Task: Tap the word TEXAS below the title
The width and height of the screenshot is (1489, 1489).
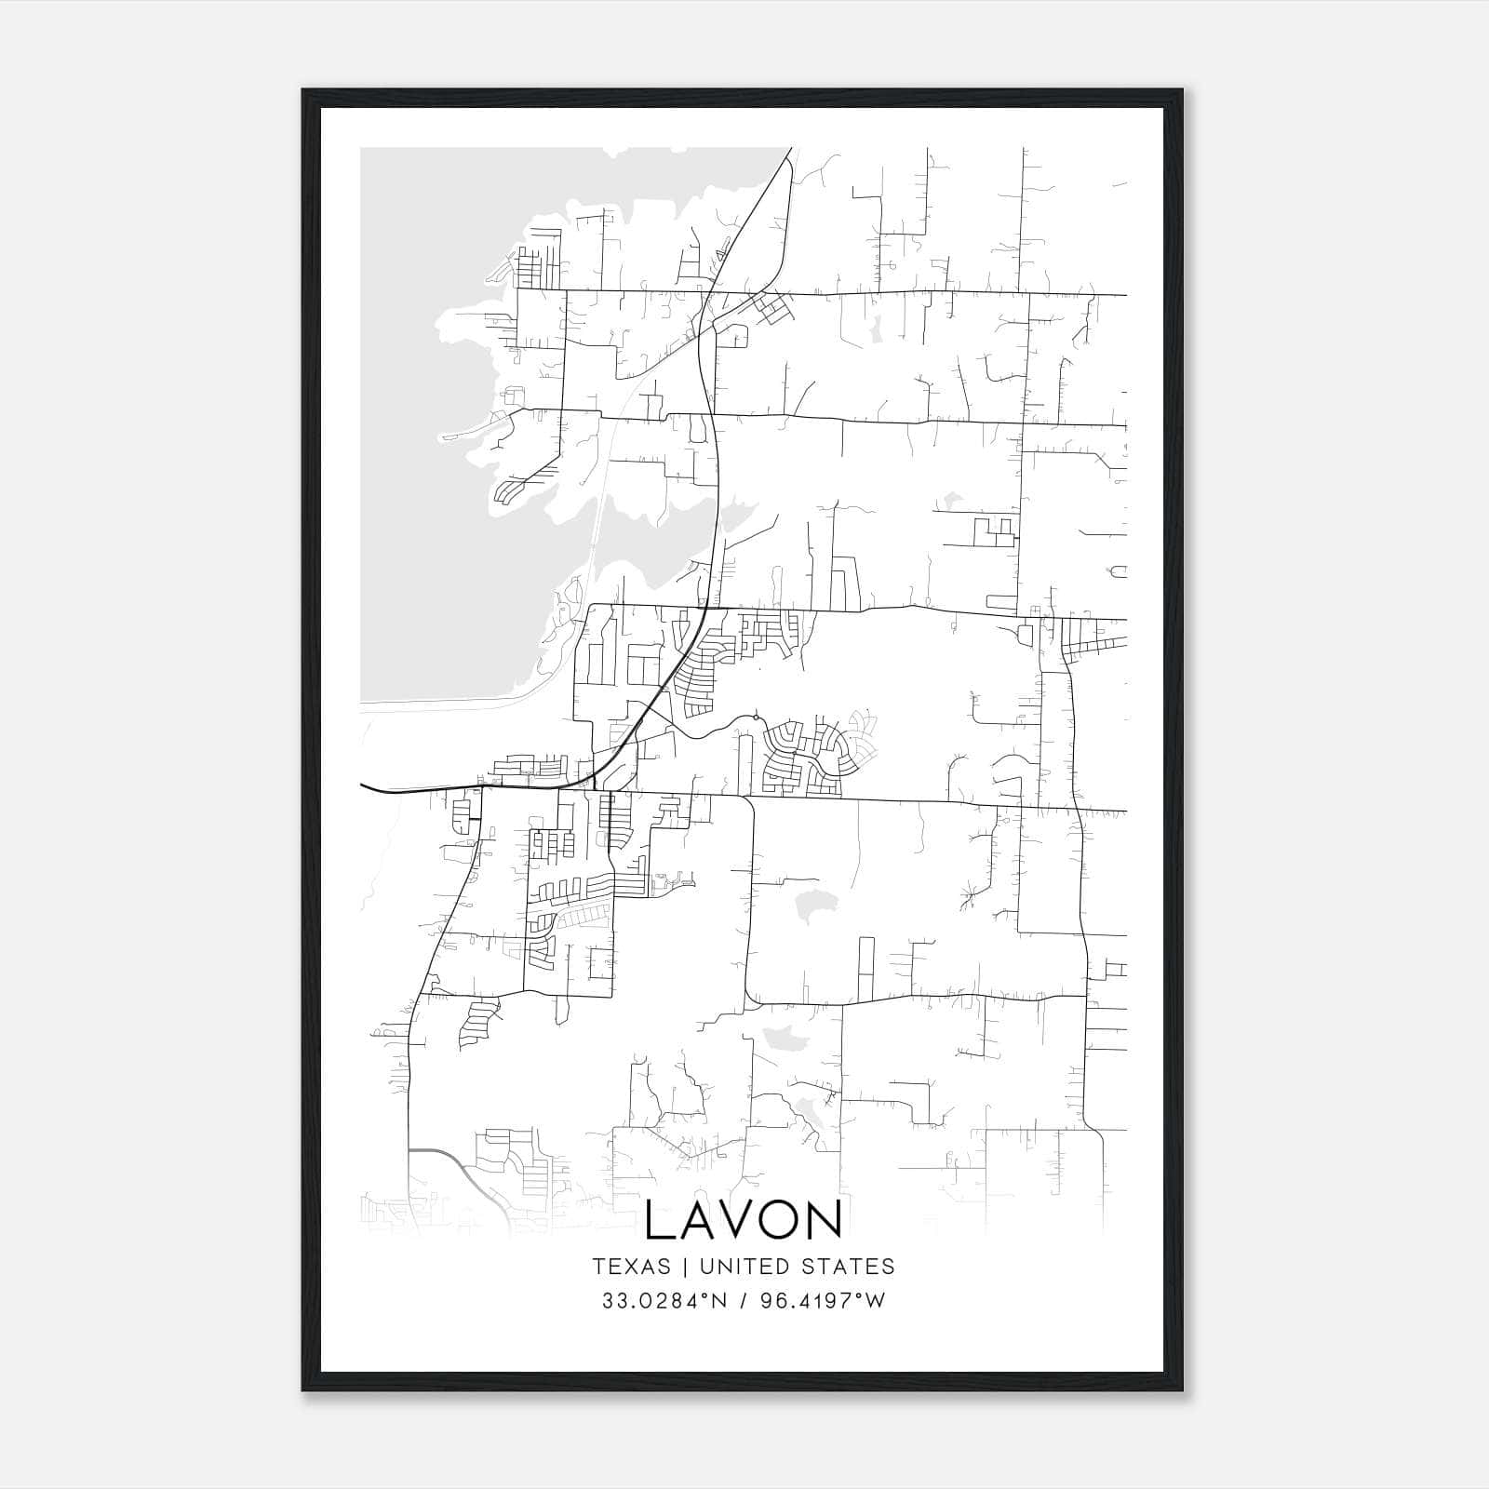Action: coord(631,1267)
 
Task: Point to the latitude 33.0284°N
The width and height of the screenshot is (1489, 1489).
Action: coord(662,1301)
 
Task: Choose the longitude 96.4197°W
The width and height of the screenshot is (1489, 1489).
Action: coord(823,1301)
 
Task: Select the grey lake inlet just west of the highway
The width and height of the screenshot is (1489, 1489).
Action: coord(651,549)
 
